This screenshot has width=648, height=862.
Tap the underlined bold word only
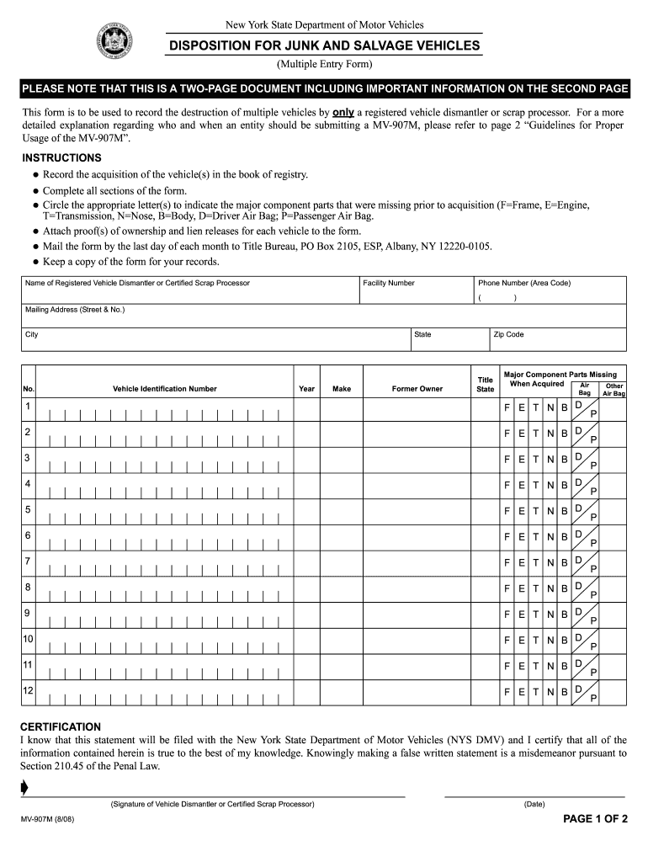343,112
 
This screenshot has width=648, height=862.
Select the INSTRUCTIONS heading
61,157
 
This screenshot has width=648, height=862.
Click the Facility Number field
416,291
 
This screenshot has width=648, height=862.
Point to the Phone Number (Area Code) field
550,291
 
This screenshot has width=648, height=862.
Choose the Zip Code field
557,340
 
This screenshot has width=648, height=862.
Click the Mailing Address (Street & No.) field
324,316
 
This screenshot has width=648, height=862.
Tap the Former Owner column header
417,389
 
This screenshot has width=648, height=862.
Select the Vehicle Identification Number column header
164,389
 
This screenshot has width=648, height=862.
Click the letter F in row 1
507,408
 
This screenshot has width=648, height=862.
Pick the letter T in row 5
536,511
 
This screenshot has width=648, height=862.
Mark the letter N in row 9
550,614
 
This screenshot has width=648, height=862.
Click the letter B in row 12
565,691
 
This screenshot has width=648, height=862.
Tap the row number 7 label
28,561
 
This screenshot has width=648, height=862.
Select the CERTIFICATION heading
61,726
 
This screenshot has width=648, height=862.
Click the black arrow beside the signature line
24,788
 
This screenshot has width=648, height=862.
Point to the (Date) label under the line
534,804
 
